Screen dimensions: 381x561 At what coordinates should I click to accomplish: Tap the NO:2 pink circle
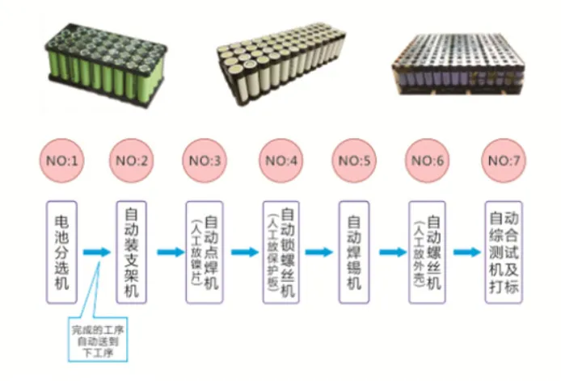click(132, 160)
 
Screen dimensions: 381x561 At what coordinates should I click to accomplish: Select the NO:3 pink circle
click(205, 160)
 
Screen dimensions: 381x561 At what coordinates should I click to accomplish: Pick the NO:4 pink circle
click(280, 160)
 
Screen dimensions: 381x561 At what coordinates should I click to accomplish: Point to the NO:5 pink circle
click(354, 160)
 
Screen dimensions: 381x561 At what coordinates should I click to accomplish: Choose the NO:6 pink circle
click(427, 160)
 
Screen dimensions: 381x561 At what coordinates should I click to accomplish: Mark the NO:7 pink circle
click(501, 160)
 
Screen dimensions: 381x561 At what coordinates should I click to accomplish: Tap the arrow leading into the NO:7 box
click(466, 253)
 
